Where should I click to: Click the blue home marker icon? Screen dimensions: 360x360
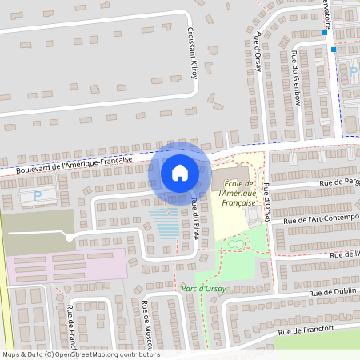click(x=180, y=171)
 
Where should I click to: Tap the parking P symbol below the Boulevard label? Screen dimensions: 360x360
click(x=37, y=195)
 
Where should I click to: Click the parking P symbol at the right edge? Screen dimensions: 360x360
click(x=353, y=72)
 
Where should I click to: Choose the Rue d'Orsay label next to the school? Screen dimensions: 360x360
click(x=268, y=205)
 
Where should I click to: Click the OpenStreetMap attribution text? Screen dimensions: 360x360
click(x=80, y=354)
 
